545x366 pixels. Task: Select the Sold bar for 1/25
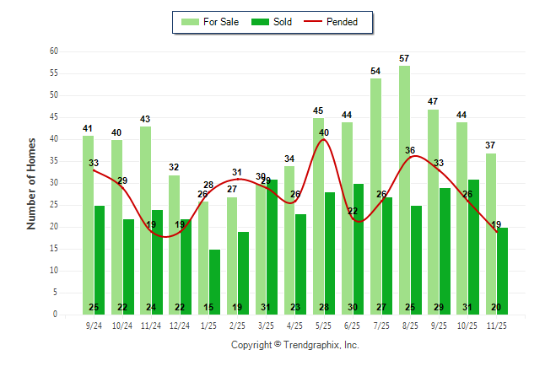(x=214, y=282)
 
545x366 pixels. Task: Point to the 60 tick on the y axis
(x=54, y=51)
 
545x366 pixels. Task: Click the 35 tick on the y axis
(x=54, y=161)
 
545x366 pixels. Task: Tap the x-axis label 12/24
(x=180, y=325)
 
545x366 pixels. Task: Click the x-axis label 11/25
(x=496, y=325)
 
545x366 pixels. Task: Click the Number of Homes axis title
(x=31, y=183)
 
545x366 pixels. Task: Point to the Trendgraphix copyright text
(x=294, y=345)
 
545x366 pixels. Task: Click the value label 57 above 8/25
(x=404, y=58)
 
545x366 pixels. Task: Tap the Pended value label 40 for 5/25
(x=324, y=132)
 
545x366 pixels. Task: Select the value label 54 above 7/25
(x=375, y=71)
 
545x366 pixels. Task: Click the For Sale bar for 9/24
(x=88, y=224)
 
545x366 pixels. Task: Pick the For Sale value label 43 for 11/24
(x=145, y=119)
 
